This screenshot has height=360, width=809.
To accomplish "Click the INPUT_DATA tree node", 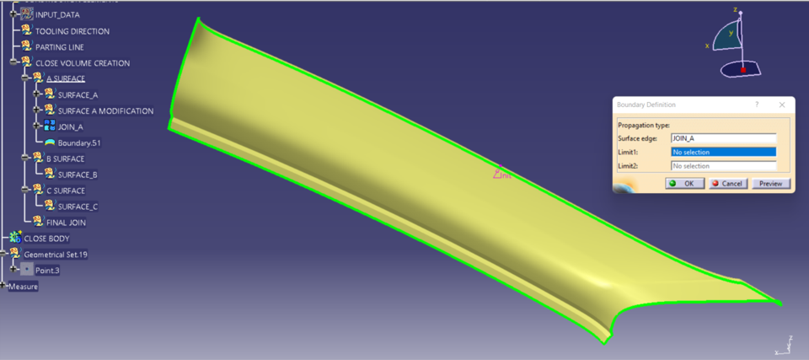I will [x=58, y=15].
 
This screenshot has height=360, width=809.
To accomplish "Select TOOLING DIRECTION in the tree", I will [x=72, y=31].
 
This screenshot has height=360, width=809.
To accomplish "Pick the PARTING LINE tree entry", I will [x=59, y=47].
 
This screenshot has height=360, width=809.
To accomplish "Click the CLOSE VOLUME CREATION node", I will [x=82, y=63].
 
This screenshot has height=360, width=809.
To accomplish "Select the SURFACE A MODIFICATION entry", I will [x=105, y=110].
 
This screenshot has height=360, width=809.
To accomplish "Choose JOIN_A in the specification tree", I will [x=70, y=126].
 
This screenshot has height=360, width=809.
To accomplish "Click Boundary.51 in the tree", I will [x=79, y=142].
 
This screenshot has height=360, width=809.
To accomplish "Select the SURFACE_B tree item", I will [x=78, y=175].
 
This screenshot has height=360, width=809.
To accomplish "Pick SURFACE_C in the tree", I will [x=78, y=207].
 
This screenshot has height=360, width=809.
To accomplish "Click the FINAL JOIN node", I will [x=66, y=223].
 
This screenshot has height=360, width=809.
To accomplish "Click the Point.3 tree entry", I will [x=47, y=271].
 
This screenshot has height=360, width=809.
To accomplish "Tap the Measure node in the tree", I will [x=23, y=287].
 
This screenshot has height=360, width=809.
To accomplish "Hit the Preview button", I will [x=770, y=183].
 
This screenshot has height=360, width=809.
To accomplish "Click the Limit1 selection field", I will [x=722, y=152].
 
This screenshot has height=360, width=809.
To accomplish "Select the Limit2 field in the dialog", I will [x=722, y=166].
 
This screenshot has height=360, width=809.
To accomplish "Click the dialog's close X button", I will [x=782, y=105].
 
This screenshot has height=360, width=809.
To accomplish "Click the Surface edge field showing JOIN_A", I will [x=722, y=137].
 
